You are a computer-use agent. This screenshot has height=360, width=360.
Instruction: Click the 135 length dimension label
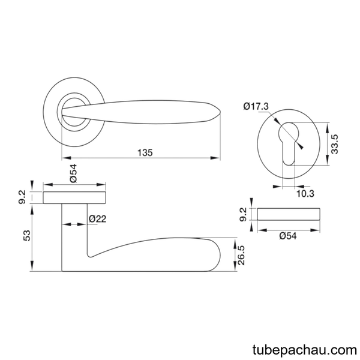point(145,152)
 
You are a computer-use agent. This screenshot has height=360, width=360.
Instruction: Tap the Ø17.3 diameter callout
point(256,107)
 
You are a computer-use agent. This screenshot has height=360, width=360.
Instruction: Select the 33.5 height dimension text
point(335,144)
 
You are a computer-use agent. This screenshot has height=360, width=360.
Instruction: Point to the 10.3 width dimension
point(305,194)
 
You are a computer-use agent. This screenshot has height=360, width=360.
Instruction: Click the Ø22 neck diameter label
point(98,219)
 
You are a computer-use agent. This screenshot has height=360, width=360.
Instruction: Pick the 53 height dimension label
point(27,236)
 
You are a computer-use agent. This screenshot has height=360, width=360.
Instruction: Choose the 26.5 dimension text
point(241,256)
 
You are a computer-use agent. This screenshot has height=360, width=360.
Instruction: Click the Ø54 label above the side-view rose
point(73,173)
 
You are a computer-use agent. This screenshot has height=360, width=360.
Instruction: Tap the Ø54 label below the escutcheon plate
point(288,236)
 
